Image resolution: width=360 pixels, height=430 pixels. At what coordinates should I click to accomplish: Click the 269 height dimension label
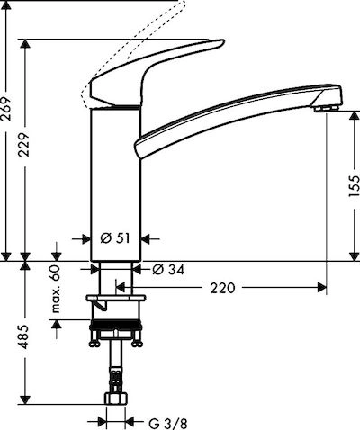click(x=6, y=108)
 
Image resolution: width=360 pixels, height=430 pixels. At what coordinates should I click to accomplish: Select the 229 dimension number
click(x=23, y=144)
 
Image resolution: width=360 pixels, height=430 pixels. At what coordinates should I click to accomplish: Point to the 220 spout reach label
click(x=222, y=288)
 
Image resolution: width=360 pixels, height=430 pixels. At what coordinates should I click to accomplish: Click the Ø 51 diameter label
click(x=115, y=238)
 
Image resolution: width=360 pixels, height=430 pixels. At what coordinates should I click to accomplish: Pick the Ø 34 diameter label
click(x=168, y=270)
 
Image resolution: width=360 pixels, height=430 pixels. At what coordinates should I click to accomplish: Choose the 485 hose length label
click(x=24, y=336)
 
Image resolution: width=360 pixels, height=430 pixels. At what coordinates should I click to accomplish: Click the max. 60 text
click(x=56, y=289)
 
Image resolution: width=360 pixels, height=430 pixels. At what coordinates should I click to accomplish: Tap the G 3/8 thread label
click(x=168, y=424)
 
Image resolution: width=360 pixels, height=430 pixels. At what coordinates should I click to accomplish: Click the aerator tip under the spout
click(x=327, y=108)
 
